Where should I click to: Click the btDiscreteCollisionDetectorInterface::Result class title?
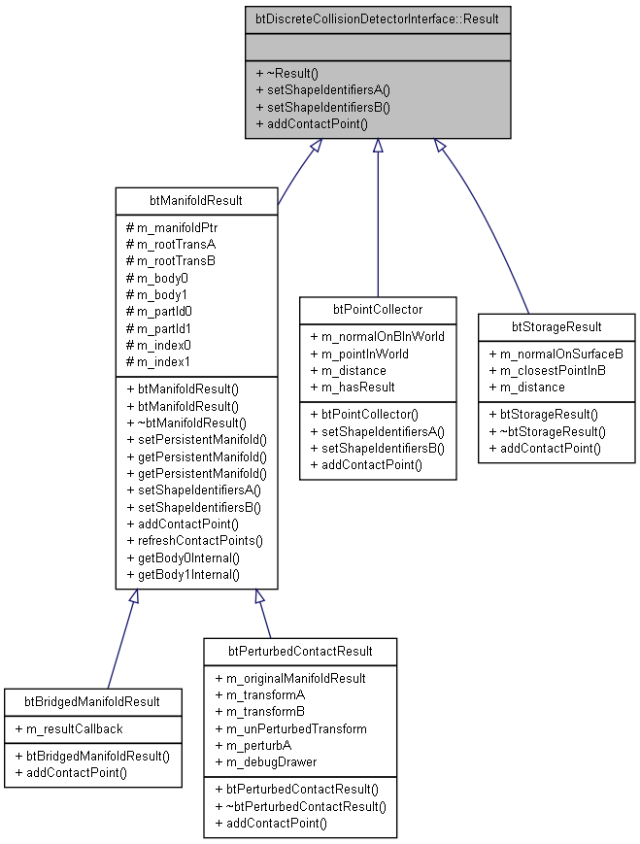378,18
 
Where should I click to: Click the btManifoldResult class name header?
196,201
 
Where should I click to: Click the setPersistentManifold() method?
196,439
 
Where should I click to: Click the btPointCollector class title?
378,310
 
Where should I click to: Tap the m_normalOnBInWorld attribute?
378,336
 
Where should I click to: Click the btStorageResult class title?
556,326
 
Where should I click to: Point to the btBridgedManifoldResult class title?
92,701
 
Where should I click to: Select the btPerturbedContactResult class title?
299,650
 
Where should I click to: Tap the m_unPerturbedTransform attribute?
290,728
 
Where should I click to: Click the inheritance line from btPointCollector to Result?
378,223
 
